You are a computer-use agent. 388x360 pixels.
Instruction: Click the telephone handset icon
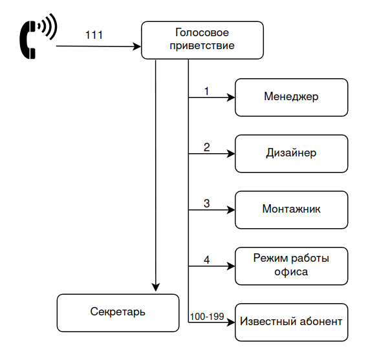[29, 39]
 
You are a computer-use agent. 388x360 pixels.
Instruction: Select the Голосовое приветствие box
[202, 39]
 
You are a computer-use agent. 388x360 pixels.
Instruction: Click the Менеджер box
[291, 97]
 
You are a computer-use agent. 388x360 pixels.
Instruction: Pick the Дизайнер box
[291, 153]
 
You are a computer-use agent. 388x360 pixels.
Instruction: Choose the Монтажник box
[291, 209]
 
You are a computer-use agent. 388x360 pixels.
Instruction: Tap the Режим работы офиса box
[291, 266]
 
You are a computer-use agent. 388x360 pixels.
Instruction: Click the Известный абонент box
[291, 321]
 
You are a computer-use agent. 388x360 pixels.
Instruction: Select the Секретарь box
[118, 312]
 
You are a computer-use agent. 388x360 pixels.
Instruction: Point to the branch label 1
[206, 91]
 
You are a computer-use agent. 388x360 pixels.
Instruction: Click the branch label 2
[206, 147]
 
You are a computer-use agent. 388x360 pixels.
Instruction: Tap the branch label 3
[206, 204]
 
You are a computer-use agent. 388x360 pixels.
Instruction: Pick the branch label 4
[206, 260]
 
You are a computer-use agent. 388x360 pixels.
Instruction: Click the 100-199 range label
[206, 316]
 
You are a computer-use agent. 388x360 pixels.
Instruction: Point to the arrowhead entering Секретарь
[155, 288]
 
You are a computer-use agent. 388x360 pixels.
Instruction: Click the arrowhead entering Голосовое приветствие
[136, 47]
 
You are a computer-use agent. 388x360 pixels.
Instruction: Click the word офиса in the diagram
[291, 272]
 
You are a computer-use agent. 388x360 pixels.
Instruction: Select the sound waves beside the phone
[47, 27]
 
